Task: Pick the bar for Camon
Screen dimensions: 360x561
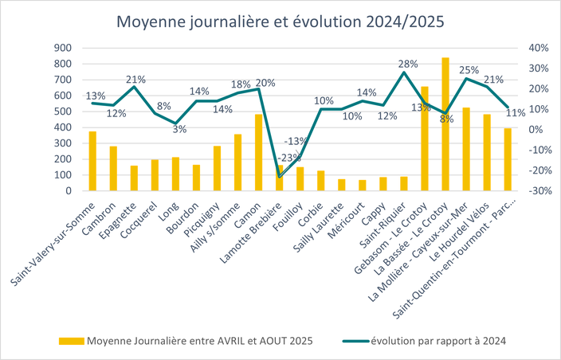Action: coord(258,152)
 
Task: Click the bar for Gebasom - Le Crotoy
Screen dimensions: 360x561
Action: coord(425,139)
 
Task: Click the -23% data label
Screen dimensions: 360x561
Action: coord(281,157)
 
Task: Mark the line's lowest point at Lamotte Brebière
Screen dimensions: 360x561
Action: coord(279,176)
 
